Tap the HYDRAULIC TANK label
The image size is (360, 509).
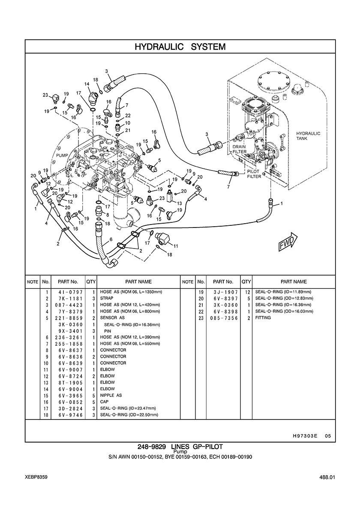click(x=308, y=136)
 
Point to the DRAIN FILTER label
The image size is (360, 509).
click(x=239, y=149)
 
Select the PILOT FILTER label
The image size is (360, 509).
click(x=254, y=174)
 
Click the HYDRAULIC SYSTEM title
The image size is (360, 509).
click(x=180, y=46)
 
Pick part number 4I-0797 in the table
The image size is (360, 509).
click(x=68, y=292)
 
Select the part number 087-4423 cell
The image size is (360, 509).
click(x=68, y=305)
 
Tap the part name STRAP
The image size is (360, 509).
click(x=106, y=298)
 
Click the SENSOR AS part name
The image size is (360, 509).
click(x=112, y=318)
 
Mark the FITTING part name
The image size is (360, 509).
click(x=263, y=318)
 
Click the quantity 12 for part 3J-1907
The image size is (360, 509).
click(x=247, y=292)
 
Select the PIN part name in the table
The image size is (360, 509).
click(x=108, y=331)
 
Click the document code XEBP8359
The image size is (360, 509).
click(x=36, y=476)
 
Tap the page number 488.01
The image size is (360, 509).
click(x=326, y=477)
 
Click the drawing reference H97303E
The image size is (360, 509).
click(x=305, y=436)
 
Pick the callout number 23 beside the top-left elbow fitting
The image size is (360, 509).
click(x=45, y=95)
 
